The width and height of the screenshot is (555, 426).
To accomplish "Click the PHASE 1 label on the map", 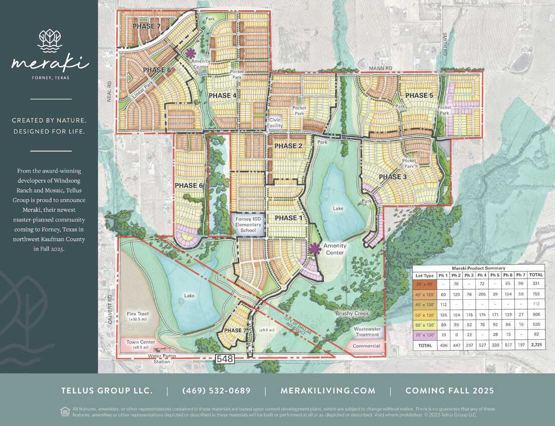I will [x=286, y=218].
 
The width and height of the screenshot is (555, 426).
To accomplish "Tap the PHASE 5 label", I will [x=419, y=96].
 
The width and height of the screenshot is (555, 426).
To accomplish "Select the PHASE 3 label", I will [x=396, y=177].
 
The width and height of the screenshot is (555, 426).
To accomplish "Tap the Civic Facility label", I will [x=275, y=123].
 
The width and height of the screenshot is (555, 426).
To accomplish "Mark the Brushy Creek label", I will [x=352, y=313].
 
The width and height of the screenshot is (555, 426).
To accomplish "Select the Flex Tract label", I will [x=138, y=316].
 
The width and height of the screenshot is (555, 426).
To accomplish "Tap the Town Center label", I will [x=141, y=344].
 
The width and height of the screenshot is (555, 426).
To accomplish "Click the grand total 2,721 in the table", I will [x=536, y=346].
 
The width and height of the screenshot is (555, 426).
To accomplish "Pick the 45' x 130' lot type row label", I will [x=425, y=304].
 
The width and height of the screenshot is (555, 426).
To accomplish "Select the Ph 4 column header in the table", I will [x=482, y=275].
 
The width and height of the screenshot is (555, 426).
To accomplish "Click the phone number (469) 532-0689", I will [x=216, y=390].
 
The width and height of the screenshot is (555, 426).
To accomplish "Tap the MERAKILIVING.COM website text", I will [x=328, y=390].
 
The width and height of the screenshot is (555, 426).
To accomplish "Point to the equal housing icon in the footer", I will [x=65, y=411].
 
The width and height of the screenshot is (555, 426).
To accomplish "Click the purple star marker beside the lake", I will [x=315, y=247].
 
